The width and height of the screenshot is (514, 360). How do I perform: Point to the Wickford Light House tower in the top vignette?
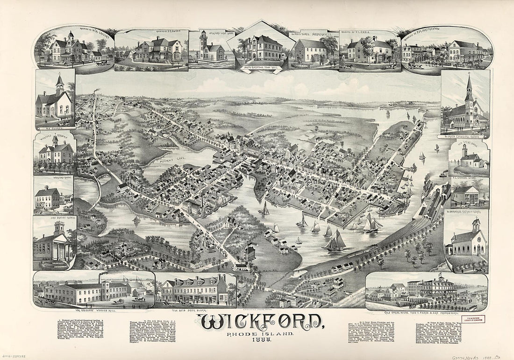pos(203,41)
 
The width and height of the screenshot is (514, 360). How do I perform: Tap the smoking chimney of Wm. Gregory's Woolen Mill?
pos(100,278)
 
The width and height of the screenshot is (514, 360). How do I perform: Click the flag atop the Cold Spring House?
pos(439,275)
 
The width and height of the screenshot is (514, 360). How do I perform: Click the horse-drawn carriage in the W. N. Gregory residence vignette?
pos(100,63)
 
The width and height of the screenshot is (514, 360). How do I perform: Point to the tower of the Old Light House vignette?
pos(464,151)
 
